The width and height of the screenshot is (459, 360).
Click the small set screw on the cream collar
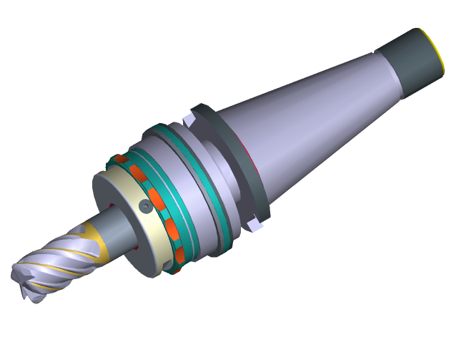click(x=145, y=206)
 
